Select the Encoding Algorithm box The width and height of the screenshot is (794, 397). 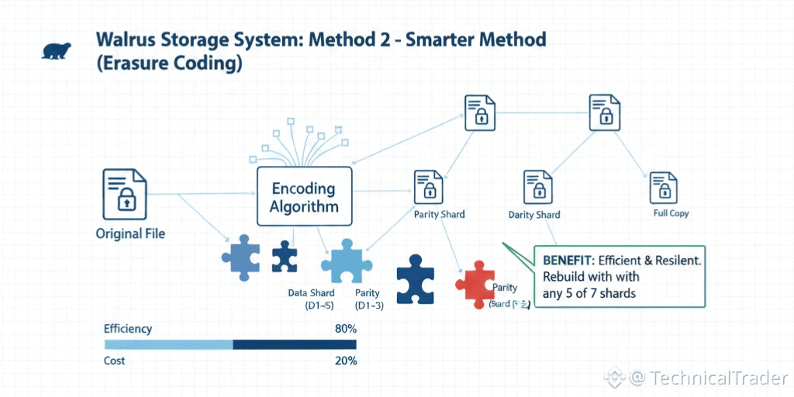304,197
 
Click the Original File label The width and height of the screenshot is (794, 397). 130,233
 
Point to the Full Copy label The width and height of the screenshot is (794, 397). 671,213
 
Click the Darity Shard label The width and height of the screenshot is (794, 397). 534,215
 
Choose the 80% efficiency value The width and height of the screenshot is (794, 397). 345,329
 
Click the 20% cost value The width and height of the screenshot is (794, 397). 345,361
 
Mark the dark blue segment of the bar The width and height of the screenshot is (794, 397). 295,344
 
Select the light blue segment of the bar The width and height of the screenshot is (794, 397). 168,344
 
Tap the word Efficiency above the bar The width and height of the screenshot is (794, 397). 128,329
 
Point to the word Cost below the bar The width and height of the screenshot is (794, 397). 115,361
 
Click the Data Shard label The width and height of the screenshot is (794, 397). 311,293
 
